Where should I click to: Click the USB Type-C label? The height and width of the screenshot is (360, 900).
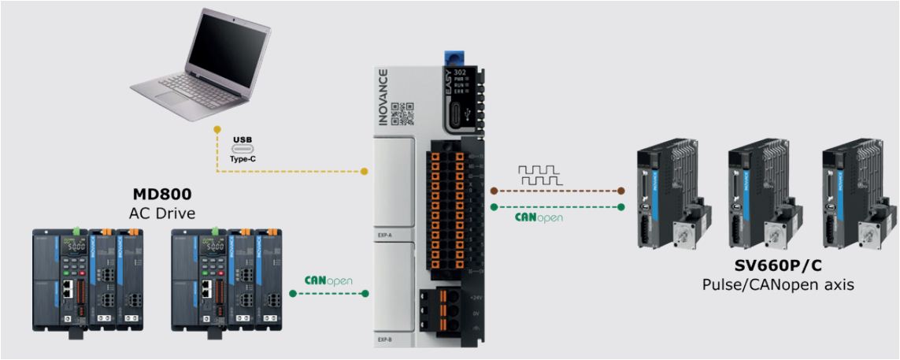tap(243, 148)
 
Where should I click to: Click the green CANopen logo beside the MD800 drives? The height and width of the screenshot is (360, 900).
tap(328, 280)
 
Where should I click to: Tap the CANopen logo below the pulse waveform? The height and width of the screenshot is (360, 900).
tap(539, 217)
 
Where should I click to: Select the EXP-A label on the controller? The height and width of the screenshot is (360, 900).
tap(385, 235)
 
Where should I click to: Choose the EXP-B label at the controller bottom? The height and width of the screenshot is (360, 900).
tap(385, 340)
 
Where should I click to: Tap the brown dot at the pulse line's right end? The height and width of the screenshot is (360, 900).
tap(621, 190)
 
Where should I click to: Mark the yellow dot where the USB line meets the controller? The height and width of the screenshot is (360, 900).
tap(365, 171)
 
